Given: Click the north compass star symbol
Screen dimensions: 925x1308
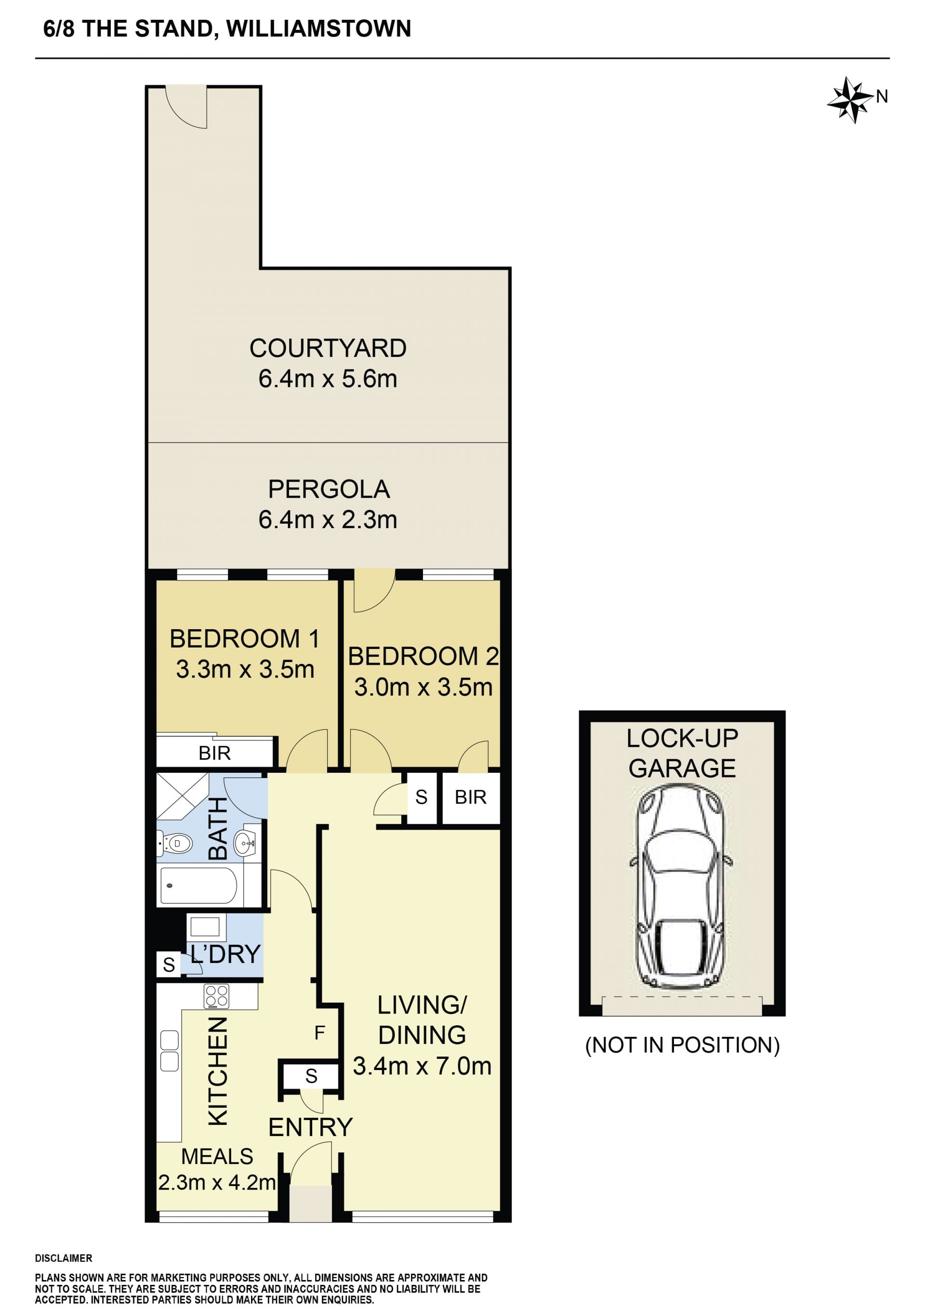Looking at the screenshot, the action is pyautogui.click(x=850, y=100).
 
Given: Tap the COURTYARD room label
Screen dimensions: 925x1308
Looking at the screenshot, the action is pyautogui.click(x=328, y=348).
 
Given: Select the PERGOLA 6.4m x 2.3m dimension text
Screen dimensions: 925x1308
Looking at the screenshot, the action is pyautogui.click(x=328, y=519).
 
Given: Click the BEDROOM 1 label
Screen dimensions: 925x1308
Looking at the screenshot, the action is pyautogui.click(x=244, y=639).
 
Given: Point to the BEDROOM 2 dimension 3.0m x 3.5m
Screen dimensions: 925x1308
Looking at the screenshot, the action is pyautogui.click(x=423, y=687).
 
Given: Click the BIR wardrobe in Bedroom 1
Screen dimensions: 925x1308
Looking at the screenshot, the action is pyautogui.click(x=215, y=753).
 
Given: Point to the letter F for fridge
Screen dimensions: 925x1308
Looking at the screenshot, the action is pyautogui.click(x=319, y=1032).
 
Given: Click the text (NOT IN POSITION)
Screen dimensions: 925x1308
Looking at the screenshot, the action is pyautogui.click(x=682, y=1045).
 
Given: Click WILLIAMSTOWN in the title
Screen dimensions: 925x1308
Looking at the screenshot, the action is pyautogui.click(x=319, y=28).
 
